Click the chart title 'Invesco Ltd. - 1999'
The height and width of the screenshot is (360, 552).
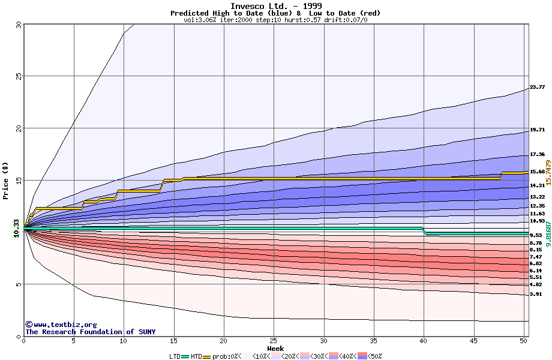275,6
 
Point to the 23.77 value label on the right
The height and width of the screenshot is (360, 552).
537,87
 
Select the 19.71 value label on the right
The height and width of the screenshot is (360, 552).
537,130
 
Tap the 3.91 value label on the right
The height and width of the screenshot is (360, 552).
537,295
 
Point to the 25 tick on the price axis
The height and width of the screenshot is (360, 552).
17,76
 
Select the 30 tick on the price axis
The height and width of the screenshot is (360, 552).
17,25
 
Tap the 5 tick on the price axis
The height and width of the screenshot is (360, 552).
19,284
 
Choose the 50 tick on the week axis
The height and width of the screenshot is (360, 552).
523,341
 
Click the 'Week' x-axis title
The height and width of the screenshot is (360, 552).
275,348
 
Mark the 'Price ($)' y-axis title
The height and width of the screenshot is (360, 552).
5,180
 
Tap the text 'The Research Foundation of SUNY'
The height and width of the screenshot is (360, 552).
90,332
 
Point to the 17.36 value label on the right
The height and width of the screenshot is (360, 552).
537,154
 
